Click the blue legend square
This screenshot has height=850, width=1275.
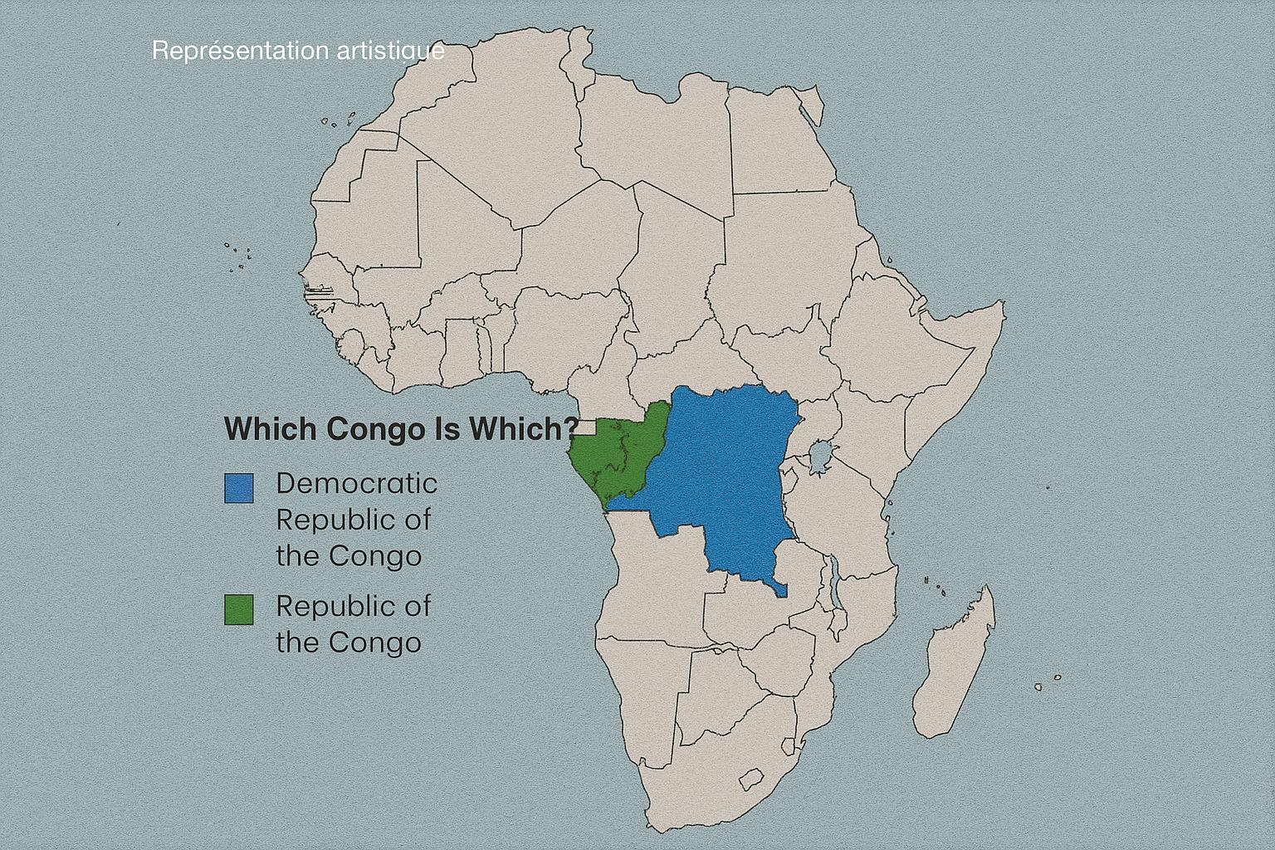point(239,488)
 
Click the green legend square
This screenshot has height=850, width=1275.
point(239,610)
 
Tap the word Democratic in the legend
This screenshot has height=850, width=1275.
point(357,484)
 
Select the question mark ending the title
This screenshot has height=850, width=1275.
point(570,428)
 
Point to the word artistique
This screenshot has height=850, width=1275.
point(390,51)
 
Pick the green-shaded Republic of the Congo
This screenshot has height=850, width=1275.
point(620,456)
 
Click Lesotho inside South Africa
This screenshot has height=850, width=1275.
point(751,779)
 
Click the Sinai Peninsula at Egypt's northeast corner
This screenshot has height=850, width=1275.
point(810,106)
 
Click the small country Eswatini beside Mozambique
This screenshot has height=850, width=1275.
point(789,745)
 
